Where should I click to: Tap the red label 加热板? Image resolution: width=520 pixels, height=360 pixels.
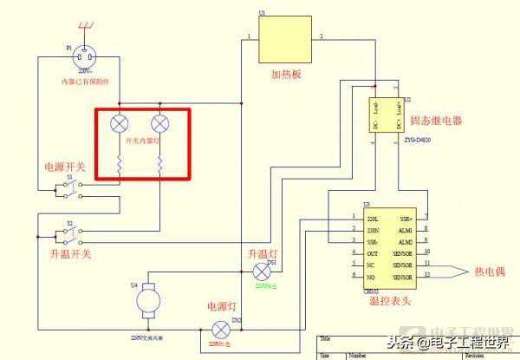(x=285, y=75)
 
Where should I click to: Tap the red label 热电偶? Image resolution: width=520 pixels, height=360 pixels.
(x=490, y=270)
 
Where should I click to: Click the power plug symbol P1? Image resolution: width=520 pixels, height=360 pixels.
(x=80, y=57)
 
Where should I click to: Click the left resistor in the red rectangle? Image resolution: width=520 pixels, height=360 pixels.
(x=120, y=160)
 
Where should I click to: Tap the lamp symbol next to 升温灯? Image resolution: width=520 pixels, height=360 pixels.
(x=257, y=272)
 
